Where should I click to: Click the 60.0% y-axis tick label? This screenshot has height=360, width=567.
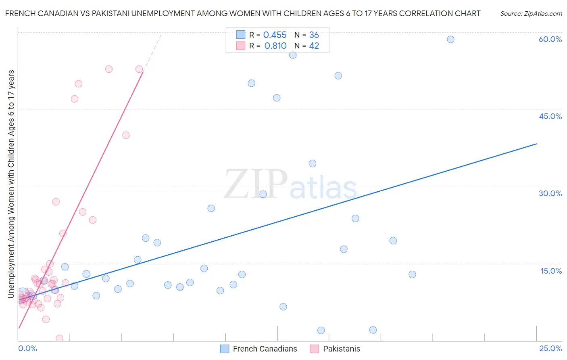tap(550, 39)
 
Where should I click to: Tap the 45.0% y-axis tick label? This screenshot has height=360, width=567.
tap(550, 116)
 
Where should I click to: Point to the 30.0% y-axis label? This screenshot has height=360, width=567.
tap(550, 193)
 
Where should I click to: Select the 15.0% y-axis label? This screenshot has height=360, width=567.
tap(551, 271)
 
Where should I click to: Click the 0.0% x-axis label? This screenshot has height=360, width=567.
tap(27, 348)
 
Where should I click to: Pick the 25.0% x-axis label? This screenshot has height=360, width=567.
tap(550, 348)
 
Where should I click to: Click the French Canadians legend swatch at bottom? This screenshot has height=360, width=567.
tap(225, 349)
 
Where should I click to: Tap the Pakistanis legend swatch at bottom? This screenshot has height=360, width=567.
tap(315, 349)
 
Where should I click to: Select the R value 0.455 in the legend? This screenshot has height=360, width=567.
tap(275, 35)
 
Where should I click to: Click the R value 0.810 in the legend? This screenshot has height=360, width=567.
tap(275, 46)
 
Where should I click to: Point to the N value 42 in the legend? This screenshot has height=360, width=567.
tap(314, 46)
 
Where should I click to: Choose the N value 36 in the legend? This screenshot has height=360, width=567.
tap(314, 35)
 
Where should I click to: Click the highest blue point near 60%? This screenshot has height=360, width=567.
tap(450, 39)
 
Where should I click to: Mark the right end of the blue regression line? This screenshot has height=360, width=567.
tap(536, 144)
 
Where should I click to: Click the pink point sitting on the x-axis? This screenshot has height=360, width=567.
tap(59, 338)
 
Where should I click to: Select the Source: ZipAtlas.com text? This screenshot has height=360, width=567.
tap(531, 14)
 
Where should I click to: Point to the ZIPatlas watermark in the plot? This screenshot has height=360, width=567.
tap(290, 185)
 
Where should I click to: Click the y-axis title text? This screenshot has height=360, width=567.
tap(11, 184)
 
